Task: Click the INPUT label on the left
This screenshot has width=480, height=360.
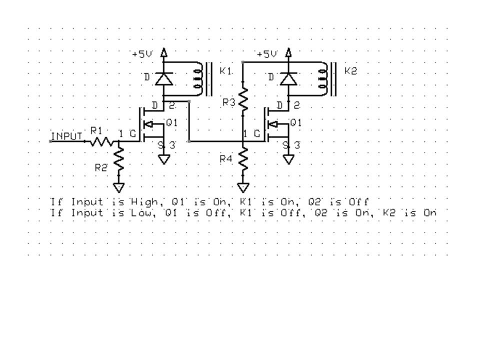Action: pos(66,136)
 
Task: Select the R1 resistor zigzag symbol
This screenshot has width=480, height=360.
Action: pos(102,141)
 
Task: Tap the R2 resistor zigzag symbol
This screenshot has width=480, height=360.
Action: pos(119,160)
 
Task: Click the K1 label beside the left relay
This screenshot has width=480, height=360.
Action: pos(225,71)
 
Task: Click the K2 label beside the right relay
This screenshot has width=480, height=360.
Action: pos(351,71)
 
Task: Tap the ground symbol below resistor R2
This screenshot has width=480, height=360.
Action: pos(119,187)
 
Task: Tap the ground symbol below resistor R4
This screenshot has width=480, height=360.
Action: pos(243,187)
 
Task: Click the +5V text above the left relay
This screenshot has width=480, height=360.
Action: pos(142,54)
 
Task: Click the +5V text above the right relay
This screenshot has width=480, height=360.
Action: pos(266,54)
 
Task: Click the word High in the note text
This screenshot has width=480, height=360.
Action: pos(144,202)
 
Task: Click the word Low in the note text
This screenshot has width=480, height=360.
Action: pos(142,213)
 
